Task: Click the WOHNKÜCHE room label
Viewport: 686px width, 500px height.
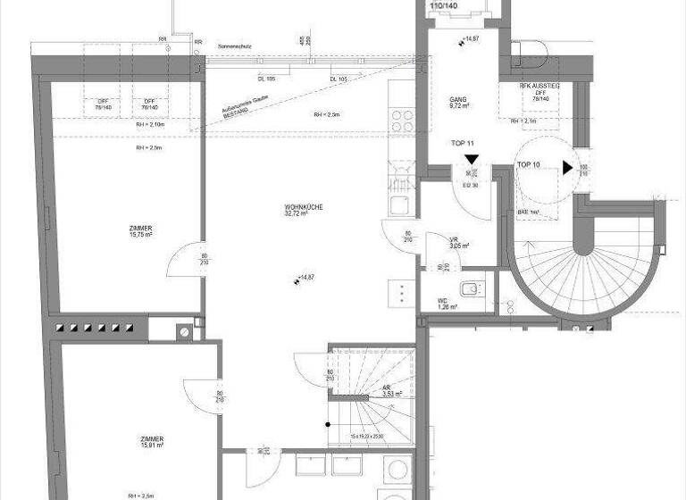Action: point(304,210)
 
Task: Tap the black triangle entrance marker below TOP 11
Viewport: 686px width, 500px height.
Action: point(471,161)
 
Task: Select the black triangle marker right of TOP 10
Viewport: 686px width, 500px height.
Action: point(568,167)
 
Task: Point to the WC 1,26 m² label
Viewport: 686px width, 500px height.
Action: point(444,304)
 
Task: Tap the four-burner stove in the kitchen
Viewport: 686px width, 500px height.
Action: point(402,121)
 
